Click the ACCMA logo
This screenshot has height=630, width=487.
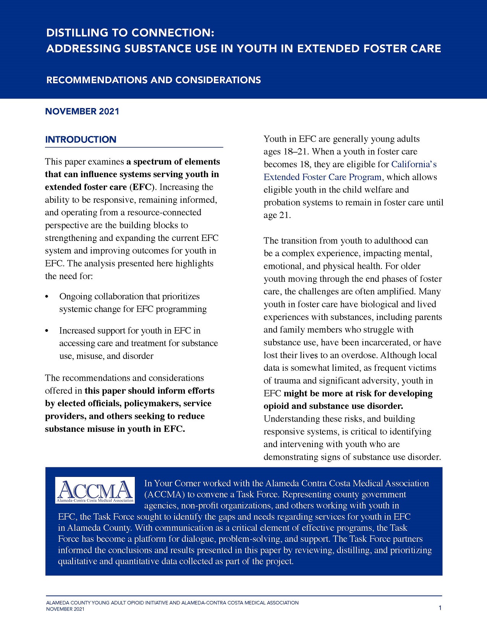click(95, 490)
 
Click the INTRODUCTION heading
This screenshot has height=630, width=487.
click(81, 139)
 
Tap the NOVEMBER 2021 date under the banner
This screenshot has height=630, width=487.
click(82, 111)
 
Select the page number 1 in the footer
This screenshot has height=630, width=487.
click(440, 608)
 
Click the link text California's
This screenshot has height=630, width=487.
click(414, 164)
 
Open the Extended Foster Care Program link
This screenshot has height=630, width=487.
click(323, 177)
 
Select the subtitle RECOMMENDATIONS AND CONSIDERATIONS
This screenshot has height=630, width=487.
click(154, 80)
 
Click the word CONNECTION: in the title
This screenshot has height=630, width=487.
click(173, 33)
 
